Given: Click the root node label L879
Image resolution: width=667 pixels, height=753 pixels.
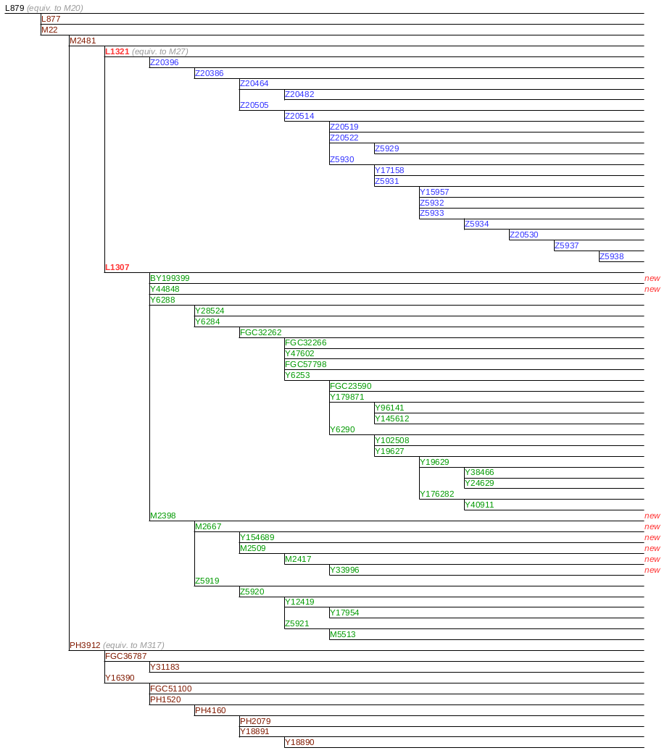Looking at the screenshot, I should click(14, 8).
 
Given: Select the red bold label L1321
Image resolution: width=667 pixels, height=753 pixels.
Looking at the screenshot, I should click(117, 51).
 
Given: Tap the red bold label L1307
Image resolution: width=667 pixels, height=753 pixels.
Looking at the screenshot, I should click(117, 267).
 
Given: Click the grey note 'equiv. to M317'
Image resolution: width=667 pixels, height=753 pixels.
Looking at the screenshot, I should click(133, 645).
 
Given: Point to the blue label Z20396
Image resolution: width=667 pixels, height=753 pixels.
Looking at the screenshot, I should click(164, 62).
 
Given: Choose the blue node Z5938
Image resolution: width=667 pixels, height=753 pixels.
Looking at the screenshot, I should click(611, 256).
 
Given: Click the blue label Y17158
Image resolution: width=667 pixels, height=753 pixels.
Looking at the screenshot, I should click(389, 170).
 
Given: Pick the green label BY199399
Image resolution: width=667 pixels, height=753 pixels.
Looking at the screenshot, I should click(170, 278).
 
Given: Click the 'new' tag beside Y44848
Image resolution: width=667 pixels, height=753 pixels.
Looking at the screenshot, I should click(652, 289).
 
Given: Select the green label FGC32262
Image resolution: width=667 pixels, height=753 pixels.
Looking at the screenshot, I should click(260, 332).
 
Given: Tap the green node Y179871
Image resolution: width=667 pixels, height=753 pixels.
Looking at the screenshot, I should click(347, 397).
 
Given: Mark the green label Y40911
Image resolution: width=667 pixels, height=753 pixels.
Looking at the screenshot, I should click(479, 505).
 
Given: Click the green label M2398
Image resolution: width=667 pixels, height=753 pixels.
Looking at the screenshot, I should click(162, 516).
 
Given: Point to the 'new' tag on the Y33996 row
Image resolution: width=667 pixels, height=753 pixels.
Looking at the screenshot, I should click(652, 570).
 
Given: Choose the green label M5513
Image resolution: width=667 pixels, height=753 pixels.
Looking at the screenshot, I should click(342, 634).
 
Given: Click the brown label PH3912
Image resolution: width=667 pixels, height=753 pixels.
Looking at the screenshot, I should click(85, 645).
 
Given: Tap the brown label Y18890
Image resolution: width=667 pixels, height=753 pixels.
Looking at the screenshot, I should click(299, 742).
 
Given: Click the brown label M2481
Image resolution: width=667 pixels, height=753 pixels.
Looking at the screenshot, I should click(83, 41).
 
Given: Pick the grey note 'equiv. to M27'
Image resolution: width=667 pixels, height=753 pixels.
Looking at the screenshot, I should click(160, 51).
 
